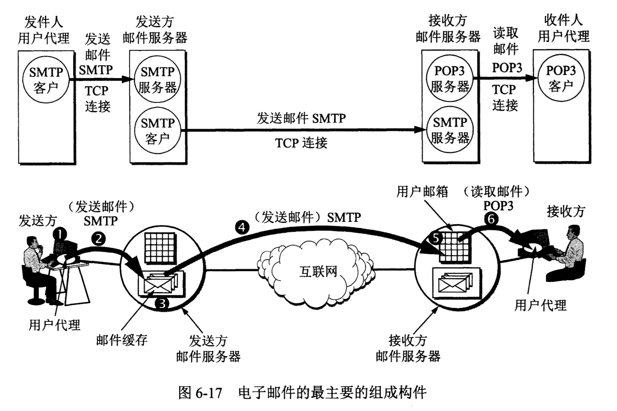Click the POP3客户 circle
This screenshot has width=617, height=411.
[x=561, y=79]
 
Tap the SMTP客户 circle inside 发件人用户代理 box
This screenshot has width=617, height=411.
[x=46, y=80]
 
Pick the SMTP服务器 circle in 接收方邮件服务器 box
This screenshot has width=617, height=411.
[x=450, y=131]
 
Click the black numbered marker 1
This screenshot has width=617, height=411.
[x=60, y=233]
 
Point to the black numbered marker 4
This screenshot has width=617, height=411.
[x=242, y=227]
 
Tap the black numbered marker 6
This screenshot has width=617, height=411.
[x=491, y=219]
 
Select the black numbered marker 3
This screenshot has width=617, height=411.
[x=162, y=304]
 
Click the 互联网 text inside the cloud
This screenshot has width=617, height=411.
[x=318, y=272]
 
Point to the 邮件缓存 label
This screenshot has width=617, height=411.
[x=122, y=340]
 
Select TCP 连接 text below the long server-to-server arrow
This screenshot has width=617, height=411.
[x=301, y=143]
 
